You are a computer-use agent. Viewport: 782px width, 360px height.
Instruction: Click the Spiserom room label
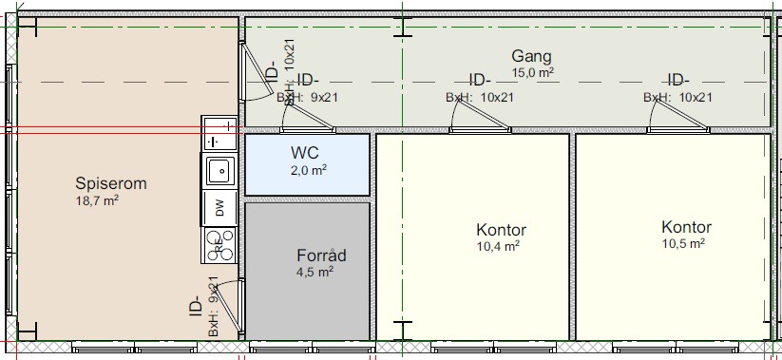111,184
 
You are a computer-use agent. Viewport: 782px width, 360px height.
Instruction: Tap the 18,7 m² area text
97,200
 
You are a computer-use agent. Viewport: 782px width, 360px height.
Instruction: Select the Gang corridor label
532,57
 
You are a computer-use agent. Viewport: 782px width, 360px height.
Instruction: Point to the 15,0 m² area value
533,72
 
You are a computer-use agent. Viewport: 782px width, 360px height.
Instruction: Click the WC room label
304,153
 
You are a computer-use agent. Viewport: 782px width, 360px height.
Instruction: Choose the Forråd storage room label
322,256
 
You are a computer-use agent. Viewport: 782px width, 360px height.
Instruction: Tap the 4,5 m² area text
315,272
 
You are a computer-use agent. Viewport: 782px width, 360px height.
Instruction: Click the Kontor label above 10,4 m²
501,230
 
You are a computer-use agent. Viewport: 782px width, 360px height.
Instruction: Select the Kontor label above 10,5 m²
686,227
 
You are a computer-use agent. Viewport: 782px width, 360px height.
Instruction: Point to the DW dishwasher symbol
219,207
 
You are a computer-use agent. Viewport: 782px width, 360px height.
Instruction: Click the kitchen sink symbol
219,171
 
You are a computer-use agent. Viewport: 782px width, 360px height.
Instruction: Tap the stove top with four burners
219,245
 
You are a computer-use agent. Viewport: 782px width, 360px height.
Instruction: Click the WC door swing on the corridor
307,116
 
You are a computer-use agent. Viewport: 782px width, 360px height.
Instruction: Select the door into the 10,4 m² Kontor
480,116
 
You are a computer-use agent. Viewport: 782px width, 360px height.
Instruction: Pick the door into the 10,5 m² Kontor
677,116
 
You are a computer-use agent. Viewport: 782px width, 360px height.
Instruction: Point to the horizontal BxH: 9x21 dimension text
307,97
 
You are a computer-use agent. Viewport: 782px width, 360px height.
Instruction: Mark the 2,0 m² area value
309,171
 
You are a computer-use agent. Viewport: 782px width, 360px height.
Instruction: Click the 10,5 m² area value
683,243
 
